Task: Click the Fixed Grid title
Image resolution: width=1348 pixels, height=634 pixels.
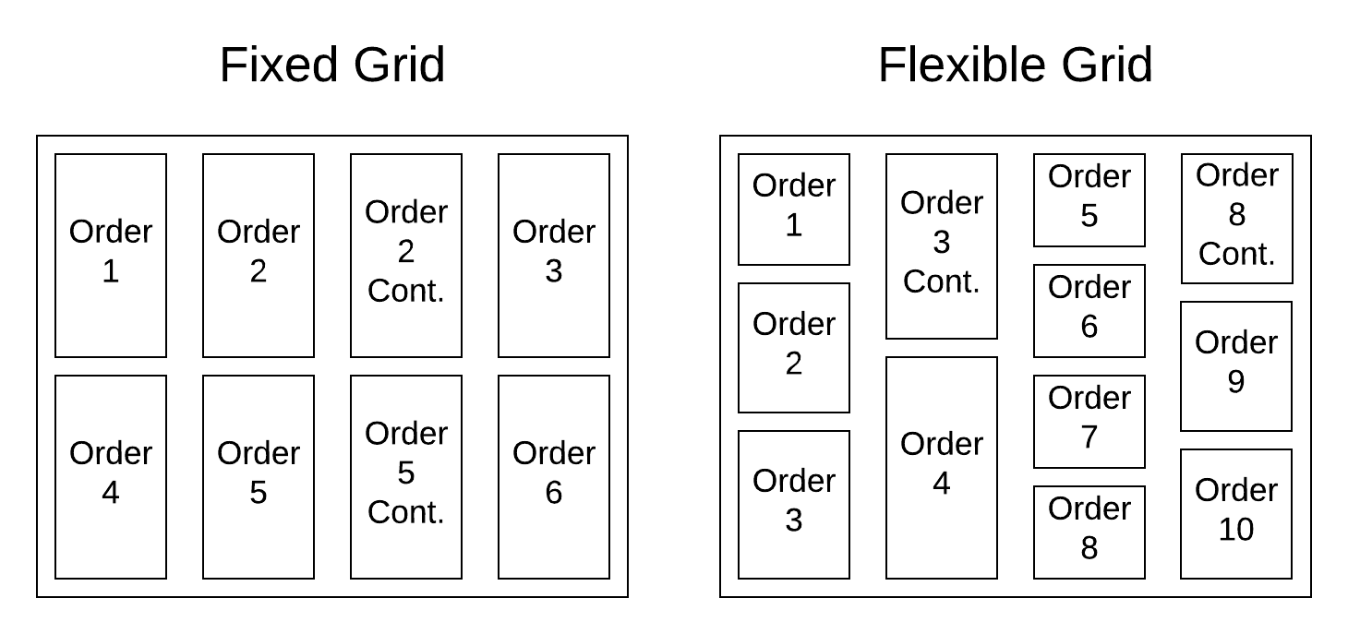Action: click(332, 66)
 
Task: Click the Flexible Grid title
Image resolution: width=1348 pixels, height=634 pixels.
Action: click(1015, 66)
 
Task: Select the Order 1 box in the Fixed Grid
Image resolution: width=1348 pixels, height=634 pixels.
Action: click(111, 255)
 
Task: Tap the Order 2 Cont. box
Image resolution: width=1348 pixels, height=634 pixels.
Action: click(406, 255)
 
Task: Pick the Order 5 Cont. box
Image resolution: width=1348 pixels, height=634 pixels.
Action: click(406, 476)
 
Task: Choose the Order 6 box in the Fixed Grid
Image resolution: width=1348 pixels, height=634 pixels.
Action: click(554, 476)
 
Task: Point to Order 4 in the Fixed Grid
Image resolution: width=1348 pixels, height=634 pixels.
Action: click(111, 476)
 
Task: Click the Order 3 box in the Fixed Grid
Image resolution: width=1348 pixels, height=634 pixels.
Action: click(554, 255)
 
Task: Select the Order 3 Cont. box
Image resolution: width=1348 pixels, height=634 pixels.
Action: click(942, 245)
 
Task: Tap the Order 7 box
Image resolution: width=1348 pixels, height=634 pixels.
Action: click(1089, 421)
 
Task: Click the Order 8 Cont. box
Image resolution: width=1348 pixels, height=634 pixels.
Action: click(1237, 218)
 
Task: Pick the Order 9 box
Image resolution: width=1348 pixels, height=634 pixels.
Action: click(1236, 365)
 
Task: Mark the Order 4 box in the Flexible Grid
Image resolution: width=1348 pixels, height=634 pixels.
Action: click(942, 467)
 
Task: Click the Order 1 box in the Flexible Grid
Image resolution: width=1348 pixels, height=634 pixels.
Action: click(794, 209)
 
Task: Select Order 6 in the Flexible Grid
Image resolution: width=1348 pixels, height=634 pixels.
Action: click(1089, 310)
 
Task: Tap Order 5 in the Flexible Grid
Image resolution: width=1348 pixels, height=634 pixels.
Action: click(1089, 199)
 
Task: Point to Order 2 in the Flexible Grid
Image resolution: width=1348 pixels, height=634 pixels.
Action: click(794, 347)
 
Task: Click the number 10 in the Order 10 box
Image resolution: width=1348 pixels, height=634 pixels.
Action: click(1236, 530)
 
